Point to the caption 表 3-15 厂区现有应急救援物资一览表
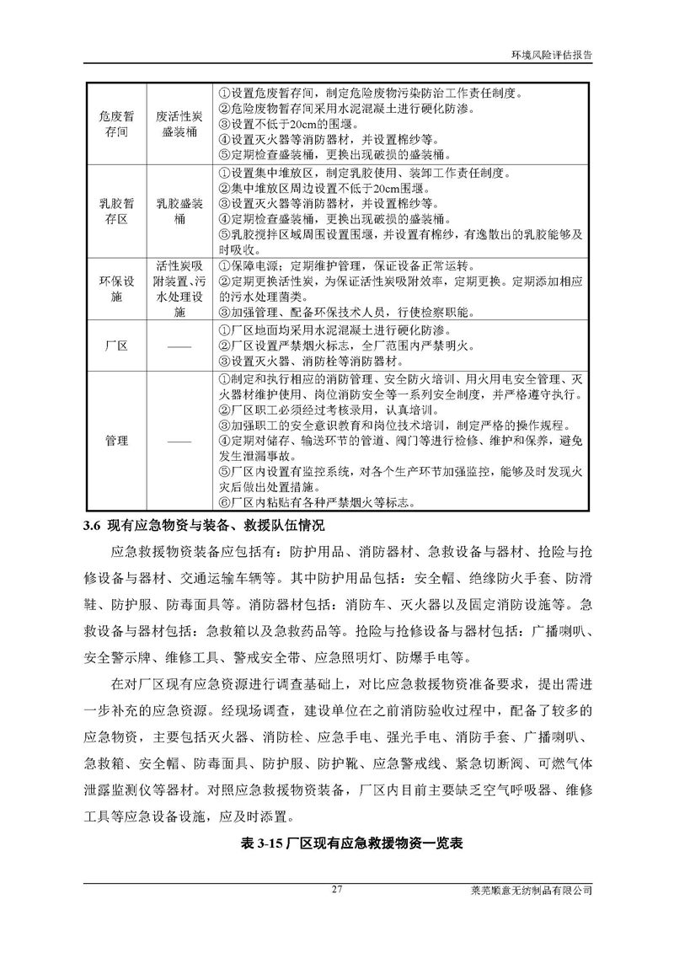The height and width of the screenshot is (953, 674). [x=337, y=842]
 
